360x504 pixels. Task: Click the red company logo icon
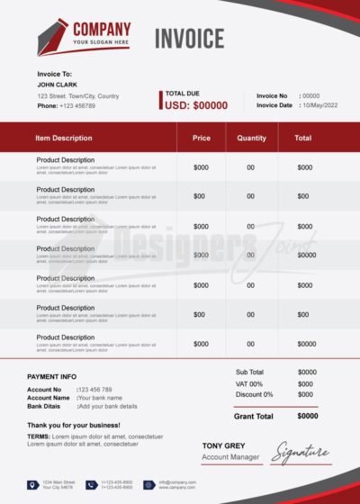53,37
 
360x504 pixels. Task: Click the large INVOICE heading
189,39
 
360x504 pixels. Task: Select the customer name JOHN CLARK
58,85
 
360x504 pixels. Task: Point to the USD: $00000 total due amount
196,105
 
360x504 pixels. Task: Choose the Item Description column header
64,138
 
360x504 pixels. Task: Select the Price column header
202,138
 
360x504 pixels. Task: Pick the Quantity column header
251,138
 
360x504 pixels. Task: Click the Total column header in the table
303,138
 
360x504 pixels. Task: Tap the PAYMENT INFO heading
52,376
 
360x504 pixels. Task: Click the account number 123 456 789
95,390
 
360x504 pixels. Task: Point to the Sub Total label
249,372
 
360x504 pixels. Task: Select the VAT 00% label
249,383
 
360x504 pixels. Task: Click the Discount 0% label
254,394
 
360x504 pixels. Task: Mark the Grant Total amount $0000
307,416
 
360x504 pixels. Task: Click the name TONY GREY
223,445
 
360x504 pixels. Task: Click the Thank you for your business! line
74,424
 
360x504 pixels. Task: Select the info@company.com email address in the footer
178,482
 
